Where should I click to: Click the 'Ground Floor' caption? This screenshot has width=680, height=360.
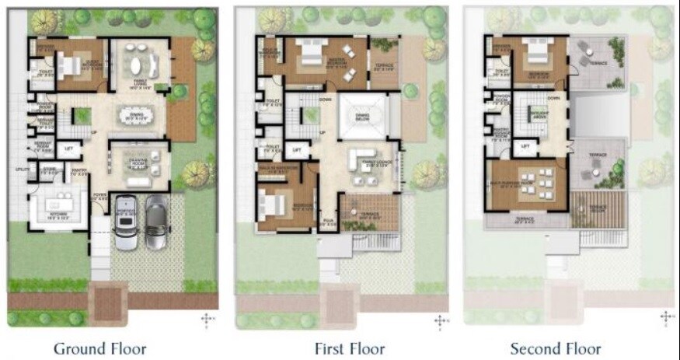coord(99,348)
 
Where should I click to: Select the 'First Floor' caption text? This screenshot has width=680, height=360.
coord(349,348)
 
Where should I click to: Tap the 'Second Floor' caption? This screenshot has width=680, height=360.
coord(555,348)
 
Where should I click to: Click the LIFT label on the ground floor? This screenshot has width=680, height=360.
coord(68,148)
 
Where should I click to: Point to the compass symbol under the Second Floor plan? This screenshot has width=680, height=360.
coord(666,318)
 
